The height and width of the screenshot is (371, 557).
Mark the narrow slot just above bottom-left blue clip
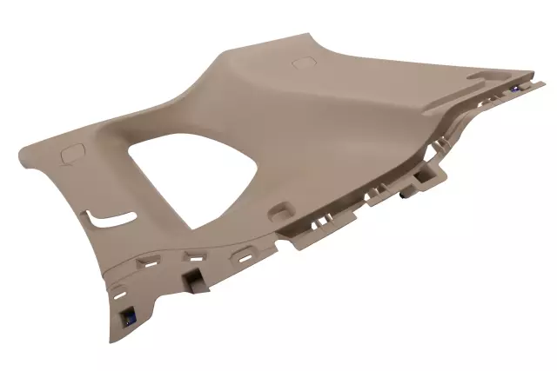click(122, 291)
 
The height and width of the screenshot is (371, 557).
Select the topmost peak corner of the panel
click(308, 35)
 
